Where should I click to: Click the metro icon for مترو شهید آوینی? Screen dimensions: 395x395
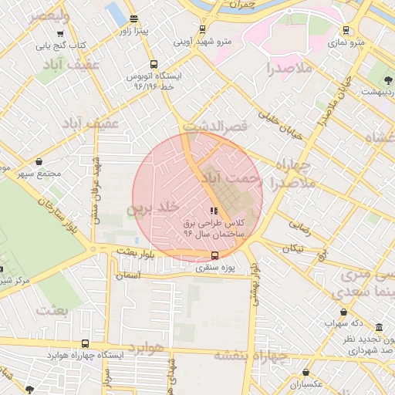point(202,29)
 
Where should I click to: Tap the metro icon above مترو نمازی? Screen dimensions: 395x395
point(346,30)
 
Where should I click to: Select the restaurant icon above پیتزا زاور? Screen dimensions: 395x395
point(134,19)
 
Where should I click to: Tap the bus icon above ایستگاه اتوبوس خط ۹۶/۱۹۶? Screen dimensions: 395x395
point(154,66)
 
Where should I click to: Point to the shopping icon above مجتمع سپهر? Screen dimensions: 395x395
point(39,162)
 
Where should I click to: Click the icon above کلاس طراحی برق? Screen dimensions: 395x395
point(214,211)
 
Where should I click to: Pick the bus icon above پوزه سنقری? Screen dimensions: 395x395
point(214,256)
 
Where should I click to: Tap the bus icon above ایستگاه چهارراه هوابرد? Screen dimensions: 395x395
point(85,343)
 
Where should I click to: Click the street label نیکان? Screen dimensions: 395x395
point(293,248)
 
